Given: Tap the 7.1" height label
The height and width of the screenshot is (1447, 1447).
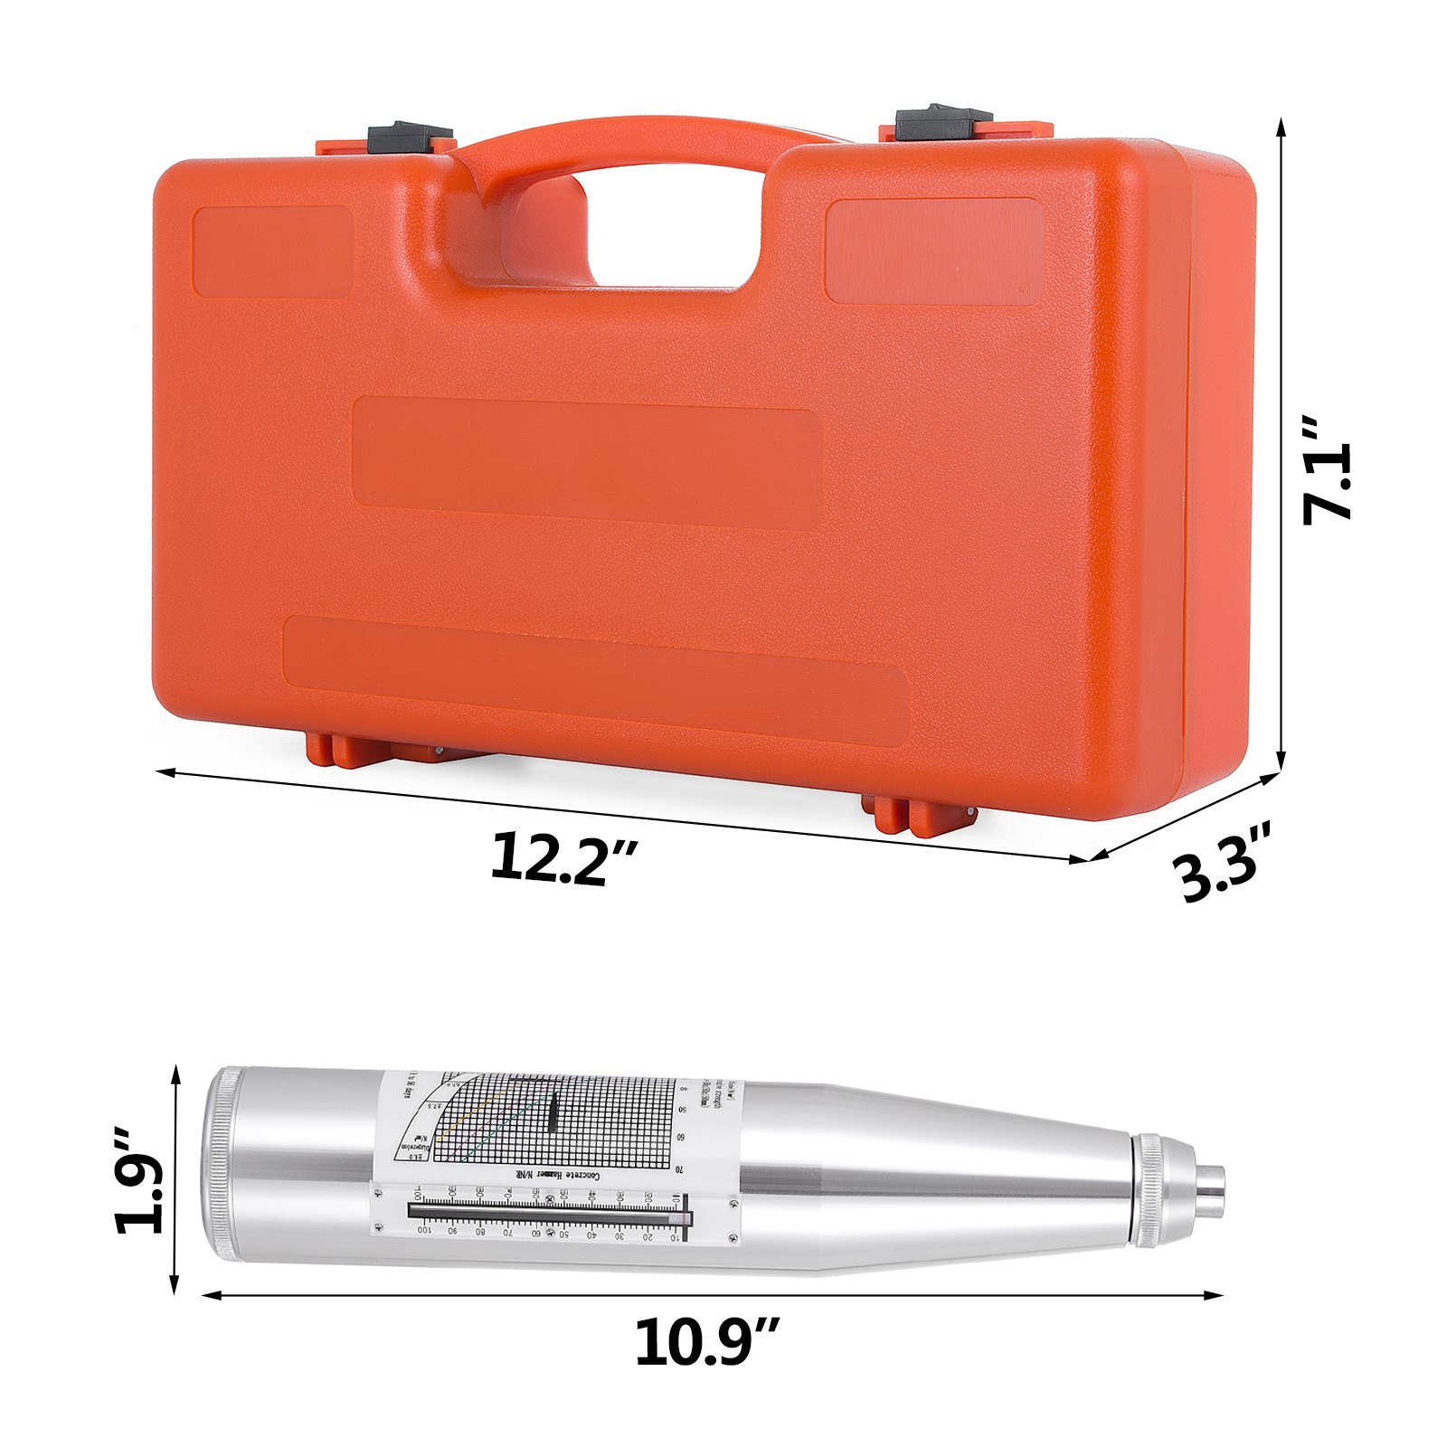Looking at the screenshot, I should click(1327, 482).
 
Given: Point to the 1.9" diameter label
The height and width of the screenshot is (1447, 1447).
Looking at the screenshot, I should click(140, 1180).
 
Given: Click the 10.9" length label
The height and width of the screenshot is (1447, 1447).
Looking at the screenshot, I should click(706, 1343).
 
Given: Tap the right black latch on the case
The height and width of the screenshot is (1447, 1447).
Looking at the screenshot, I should click(943, 123).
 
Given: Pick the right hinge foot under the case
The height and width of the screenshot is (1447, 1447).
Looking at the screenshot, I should click(913, 814).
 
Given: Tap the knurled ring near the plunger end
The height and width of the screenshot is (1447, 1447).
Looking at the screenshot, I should click(1149, 1189).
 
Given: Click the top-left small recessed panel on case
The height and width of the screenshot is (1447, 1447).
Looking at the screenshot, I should click(273, 251).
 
